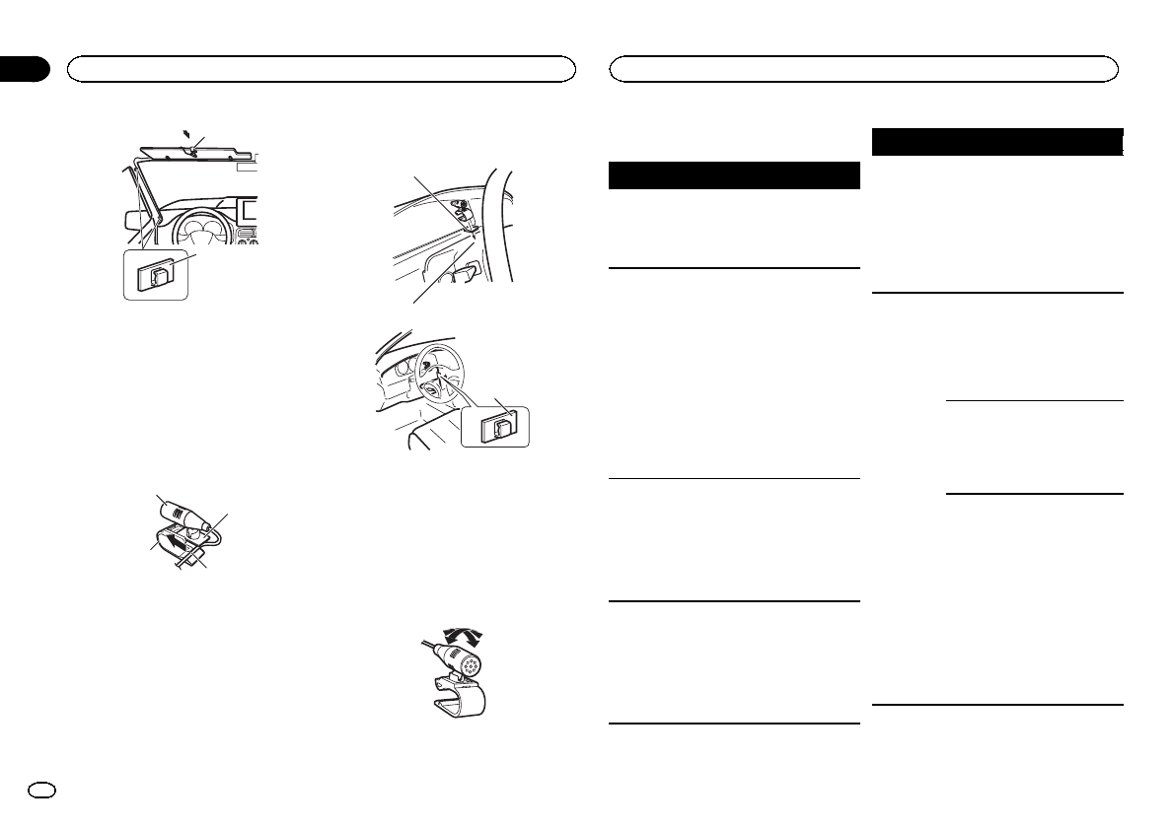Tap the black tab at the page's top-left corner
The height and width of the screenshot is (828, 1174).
(x=24, y=68)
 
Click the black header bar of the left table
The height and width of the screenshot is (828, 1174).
(x=734, y=175)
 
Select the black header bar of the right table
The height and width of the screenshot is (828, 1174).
(x=999, y=141)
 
